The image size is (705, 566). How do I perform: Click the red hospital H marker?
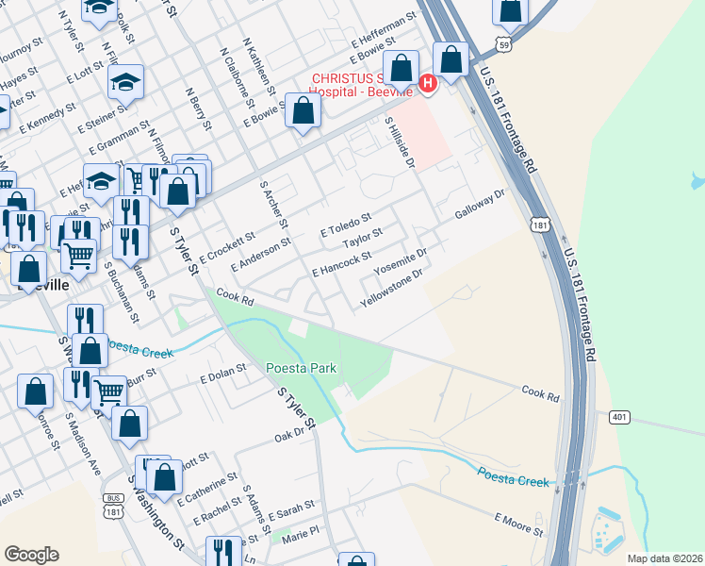coord(427,84)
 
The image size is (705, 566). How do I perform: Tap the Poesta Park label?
coord(301,368)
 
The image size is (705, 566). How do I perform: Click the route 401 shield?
coord(619,416)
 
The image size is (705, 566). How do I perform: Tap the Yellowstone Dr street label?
coord(390,289)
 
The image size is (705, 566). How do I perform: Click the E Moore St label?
coord(519,524)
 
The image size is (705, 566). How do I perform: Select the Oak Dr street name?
coord(292,434)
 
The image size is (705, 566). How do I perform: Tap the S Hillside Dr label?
coord(400,143)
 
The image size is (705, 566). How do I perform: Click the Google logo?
coord(31,555)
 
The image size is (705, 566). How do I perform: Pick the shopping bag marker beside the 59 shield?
coord(510,10)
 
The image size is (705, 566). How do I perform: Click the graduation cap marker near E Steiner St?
coord(125,83)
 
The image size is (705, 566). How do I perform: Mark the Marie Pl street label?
coord(302,534)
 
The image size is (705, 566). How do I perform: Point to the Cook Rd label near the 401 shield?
coord(540,391)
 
